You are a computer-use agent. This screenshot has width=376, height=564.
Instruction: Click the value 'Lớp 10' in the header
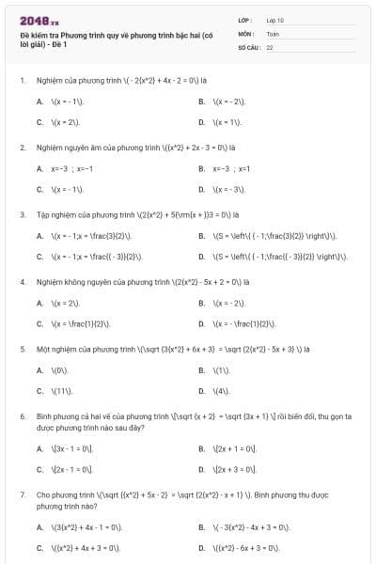point(275,20)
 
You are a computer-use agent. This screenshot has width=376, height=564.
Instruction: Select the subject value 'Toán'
point(273,32)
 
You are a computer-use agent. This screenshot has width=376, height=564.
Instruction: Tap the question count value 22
point(270,45)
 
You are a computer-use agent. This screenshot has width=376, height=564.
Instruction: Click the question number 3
point(22,214)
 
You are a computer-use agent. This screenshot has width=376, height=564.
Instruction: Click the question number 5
point(22,348)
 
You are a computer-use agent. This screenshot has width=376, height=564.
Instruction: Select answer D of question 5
point(221,389)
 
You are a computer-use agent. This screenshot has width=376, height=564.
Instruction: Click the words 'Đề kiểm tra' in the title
point(38,35)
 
